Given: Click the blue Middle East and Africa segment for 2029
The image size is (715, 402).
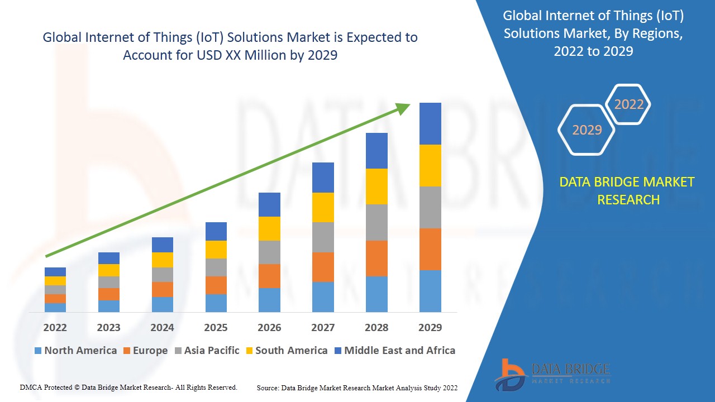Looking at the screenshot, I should [430, 123].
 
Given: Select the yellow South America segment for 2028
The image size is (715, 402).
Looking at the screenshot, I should [376, 186].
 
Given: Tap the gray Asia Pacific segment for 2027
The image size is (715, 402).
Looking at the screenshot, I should [323, 237].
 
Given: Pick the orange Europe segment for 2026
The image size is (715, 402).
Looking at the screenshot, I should [269, 276].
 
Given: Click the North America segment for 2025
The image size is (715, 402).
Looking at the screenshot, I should [216, 303].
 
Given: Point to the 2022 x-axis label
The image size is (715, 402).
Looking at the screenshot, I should [55, 327].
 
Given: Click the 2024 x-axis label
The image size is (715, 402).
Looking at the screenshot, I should [162, 327].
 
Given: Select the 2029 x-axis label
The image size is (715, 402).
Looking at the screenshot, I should [430, 327].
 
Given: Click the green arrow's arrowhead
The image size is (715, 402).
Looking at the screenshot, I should [403, 108].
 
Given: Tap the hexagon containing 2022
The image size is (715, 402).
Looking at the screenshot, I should [628, 104].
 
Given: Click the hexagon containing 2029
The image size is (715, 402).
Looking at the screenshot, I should [587, 130].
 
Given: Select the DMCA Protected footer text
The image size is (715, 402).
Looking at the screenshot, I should [128, 387].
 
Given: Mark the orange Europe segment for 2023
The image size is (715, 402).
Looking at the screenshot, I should [108, 294].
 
